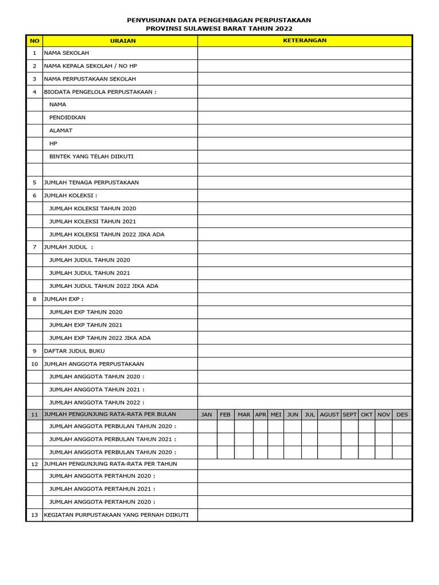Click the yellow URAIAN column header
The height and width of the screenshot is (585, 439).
[120, 41]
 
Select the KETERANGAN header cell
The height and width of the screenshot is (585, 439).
[305, 41]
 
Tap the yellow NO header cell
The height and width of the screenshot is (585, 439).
[34, 41]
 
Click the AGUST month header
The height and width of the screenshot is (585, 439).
[329, 415]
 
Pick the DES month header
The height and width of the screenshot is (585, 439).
[402, 415]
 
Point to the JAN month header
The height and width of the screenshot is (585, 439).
[207, 415]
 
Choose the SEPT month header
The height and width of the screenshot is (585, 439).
[349, 415]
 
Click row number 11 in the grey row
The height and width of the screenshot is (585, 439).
[34, 414]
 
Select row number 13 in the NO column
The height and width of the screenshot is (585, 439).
[34, 515]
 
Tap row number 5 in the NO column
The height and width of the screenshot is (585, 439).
[34, 182]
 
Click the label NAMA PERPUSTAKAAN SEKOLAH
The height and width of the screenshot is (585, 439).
[90, 79]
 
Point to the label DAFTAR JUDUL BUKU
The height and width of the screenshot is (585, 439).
[74, 351]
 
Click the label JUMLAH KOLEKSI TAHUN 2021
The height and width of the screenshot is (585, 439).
[93, 221]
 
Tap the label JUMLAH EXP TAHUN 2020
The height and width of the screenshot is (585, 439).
[86, 312]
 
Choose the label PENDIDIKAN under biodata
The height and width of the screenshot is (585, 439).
[67, 117]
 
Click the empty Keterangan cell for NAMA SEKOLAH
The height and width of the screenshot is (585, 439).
[305, 53]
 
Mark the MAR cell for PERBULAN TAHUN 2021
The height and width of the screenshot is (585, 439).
[244, 439]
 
